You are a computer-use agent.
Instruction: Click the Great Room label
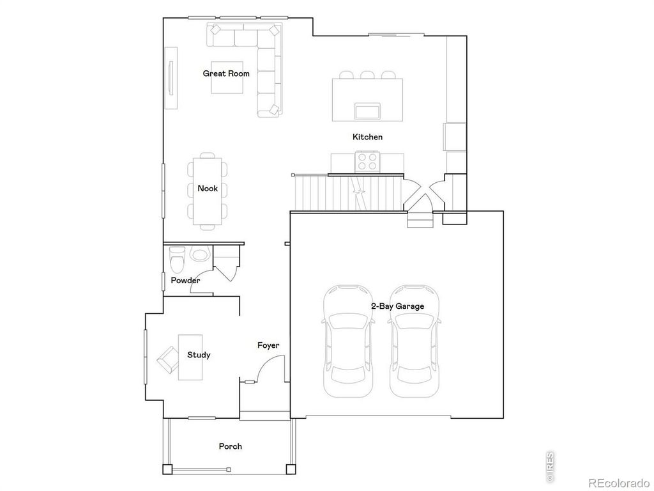[226, 74]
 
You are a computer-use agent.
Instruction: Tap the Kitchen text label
[367, 137]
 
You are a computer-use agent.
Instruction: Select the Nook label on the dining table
[208, 189]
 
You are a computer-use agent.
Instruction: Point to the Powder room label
[185, 280]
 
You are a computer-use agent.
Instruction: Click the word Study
[199, 355]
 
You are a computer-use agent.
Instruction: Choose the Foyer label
[268, 345]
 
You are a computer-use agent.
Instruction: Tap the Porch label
[231, 446]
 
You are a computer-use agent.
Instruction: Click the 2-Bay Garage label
[397, 306]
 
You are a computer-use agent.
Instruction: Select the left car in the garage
[348, 342]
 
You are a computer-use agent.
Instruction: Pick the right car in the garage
[415, 342]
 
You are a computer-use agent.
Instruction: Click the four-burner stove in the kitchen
[367, 160]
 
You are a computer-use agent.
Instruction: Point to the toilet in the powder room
[178, 261]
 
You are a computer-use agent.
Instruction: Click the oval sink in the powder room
[199, 255]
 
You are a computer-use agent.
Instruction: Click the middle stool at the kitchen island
[367, 75]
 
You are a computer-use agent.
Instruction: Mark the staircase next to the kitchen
[348, 192]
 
